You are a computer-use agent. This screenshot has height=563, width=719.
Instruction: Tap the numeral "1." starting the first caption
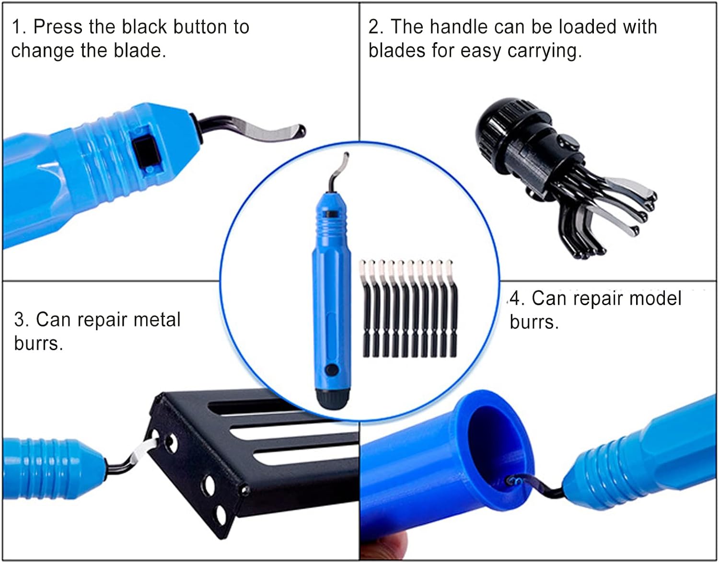coord(19,27)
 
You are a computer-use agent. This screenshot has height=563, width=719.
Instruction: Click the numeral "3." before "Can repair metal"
coord(22,320)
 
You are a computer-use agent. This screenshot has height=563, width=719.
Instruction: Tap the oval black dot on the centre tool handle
coord(332,369)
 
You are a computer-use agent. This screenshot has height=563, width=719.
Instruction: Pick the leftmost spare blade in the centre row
coord(365,309)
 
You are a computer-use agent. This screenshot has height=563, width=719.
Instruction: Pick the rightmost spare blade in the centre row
coord(452,309)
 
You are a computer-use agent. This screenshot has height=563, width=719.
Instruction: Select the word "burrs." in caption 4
coord(534,322)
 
